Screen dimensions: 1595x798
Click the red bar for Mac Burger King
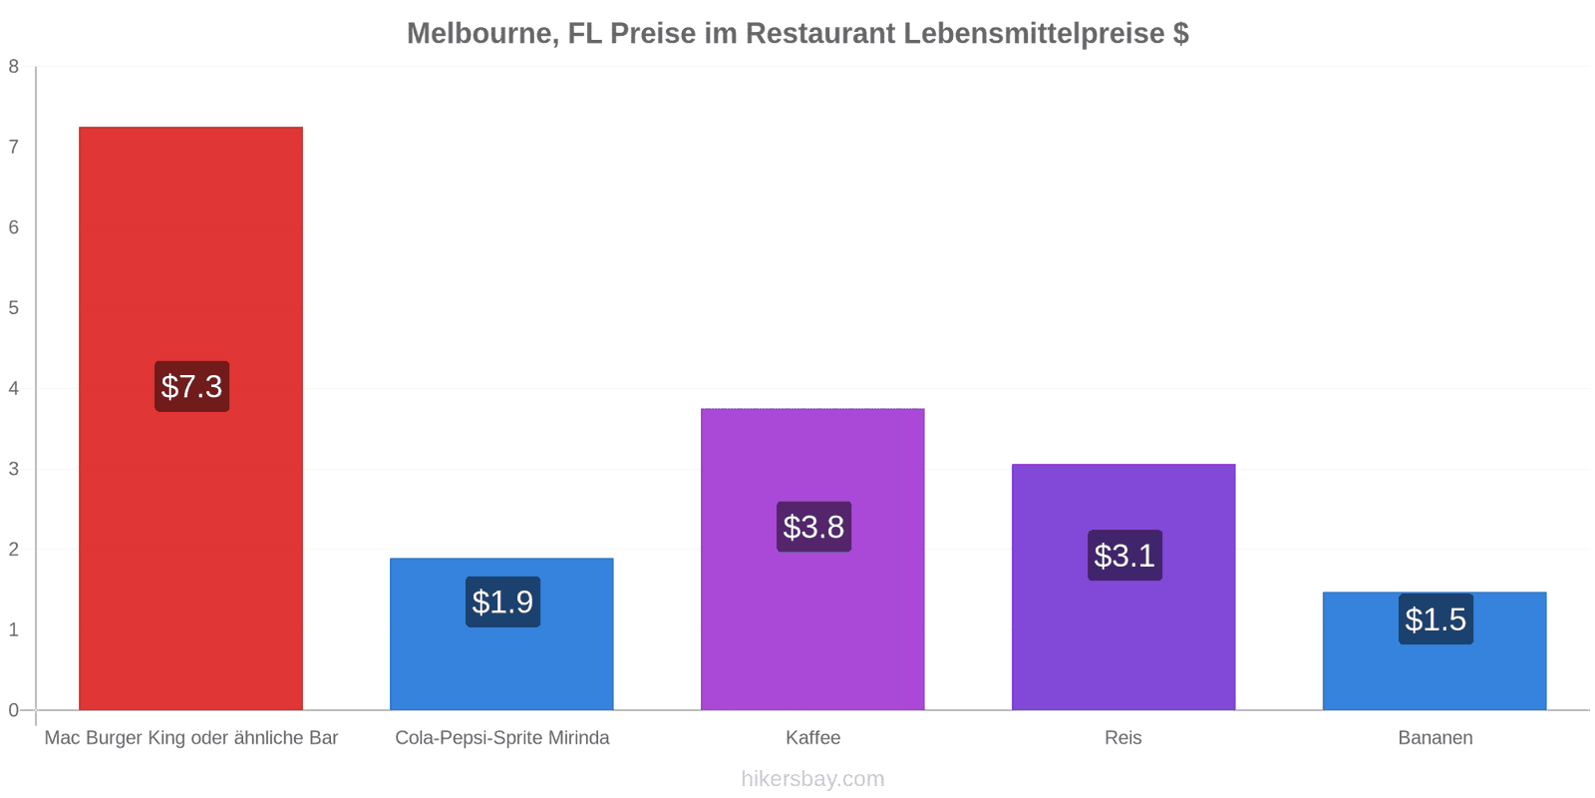190,418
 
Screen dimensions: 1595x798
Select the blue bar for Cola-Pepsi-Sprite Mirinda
501,633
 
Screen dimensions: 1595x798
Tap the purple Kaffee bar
812,560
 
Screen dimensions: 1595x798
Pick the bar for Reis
1123,588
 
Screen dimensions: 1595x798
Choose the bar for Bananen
1435,650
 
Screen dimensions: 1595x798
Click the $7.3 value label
192,386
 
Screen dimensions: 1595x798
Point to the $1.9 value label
502,602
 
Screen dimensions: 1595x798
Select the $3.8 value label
813,527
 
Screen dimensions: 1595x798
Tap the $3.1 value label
1125,555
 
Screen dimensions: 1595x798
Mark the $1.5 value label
1435,619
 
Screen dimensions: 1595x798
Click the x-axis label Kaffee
813,737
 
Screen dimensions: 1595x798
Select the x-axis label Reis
1122,737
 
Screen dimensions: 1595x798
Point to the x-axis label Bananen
1435,737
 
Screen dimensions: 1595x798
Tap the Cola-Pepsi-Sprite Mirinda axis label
502,737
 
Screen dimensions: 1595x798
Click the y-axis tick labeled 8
14,66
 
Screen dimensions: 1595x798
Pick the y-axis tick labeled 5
14,308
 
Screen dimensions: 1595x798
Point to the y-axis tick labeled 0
14,709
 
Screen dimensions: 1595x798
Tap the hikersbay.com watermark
812,779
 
